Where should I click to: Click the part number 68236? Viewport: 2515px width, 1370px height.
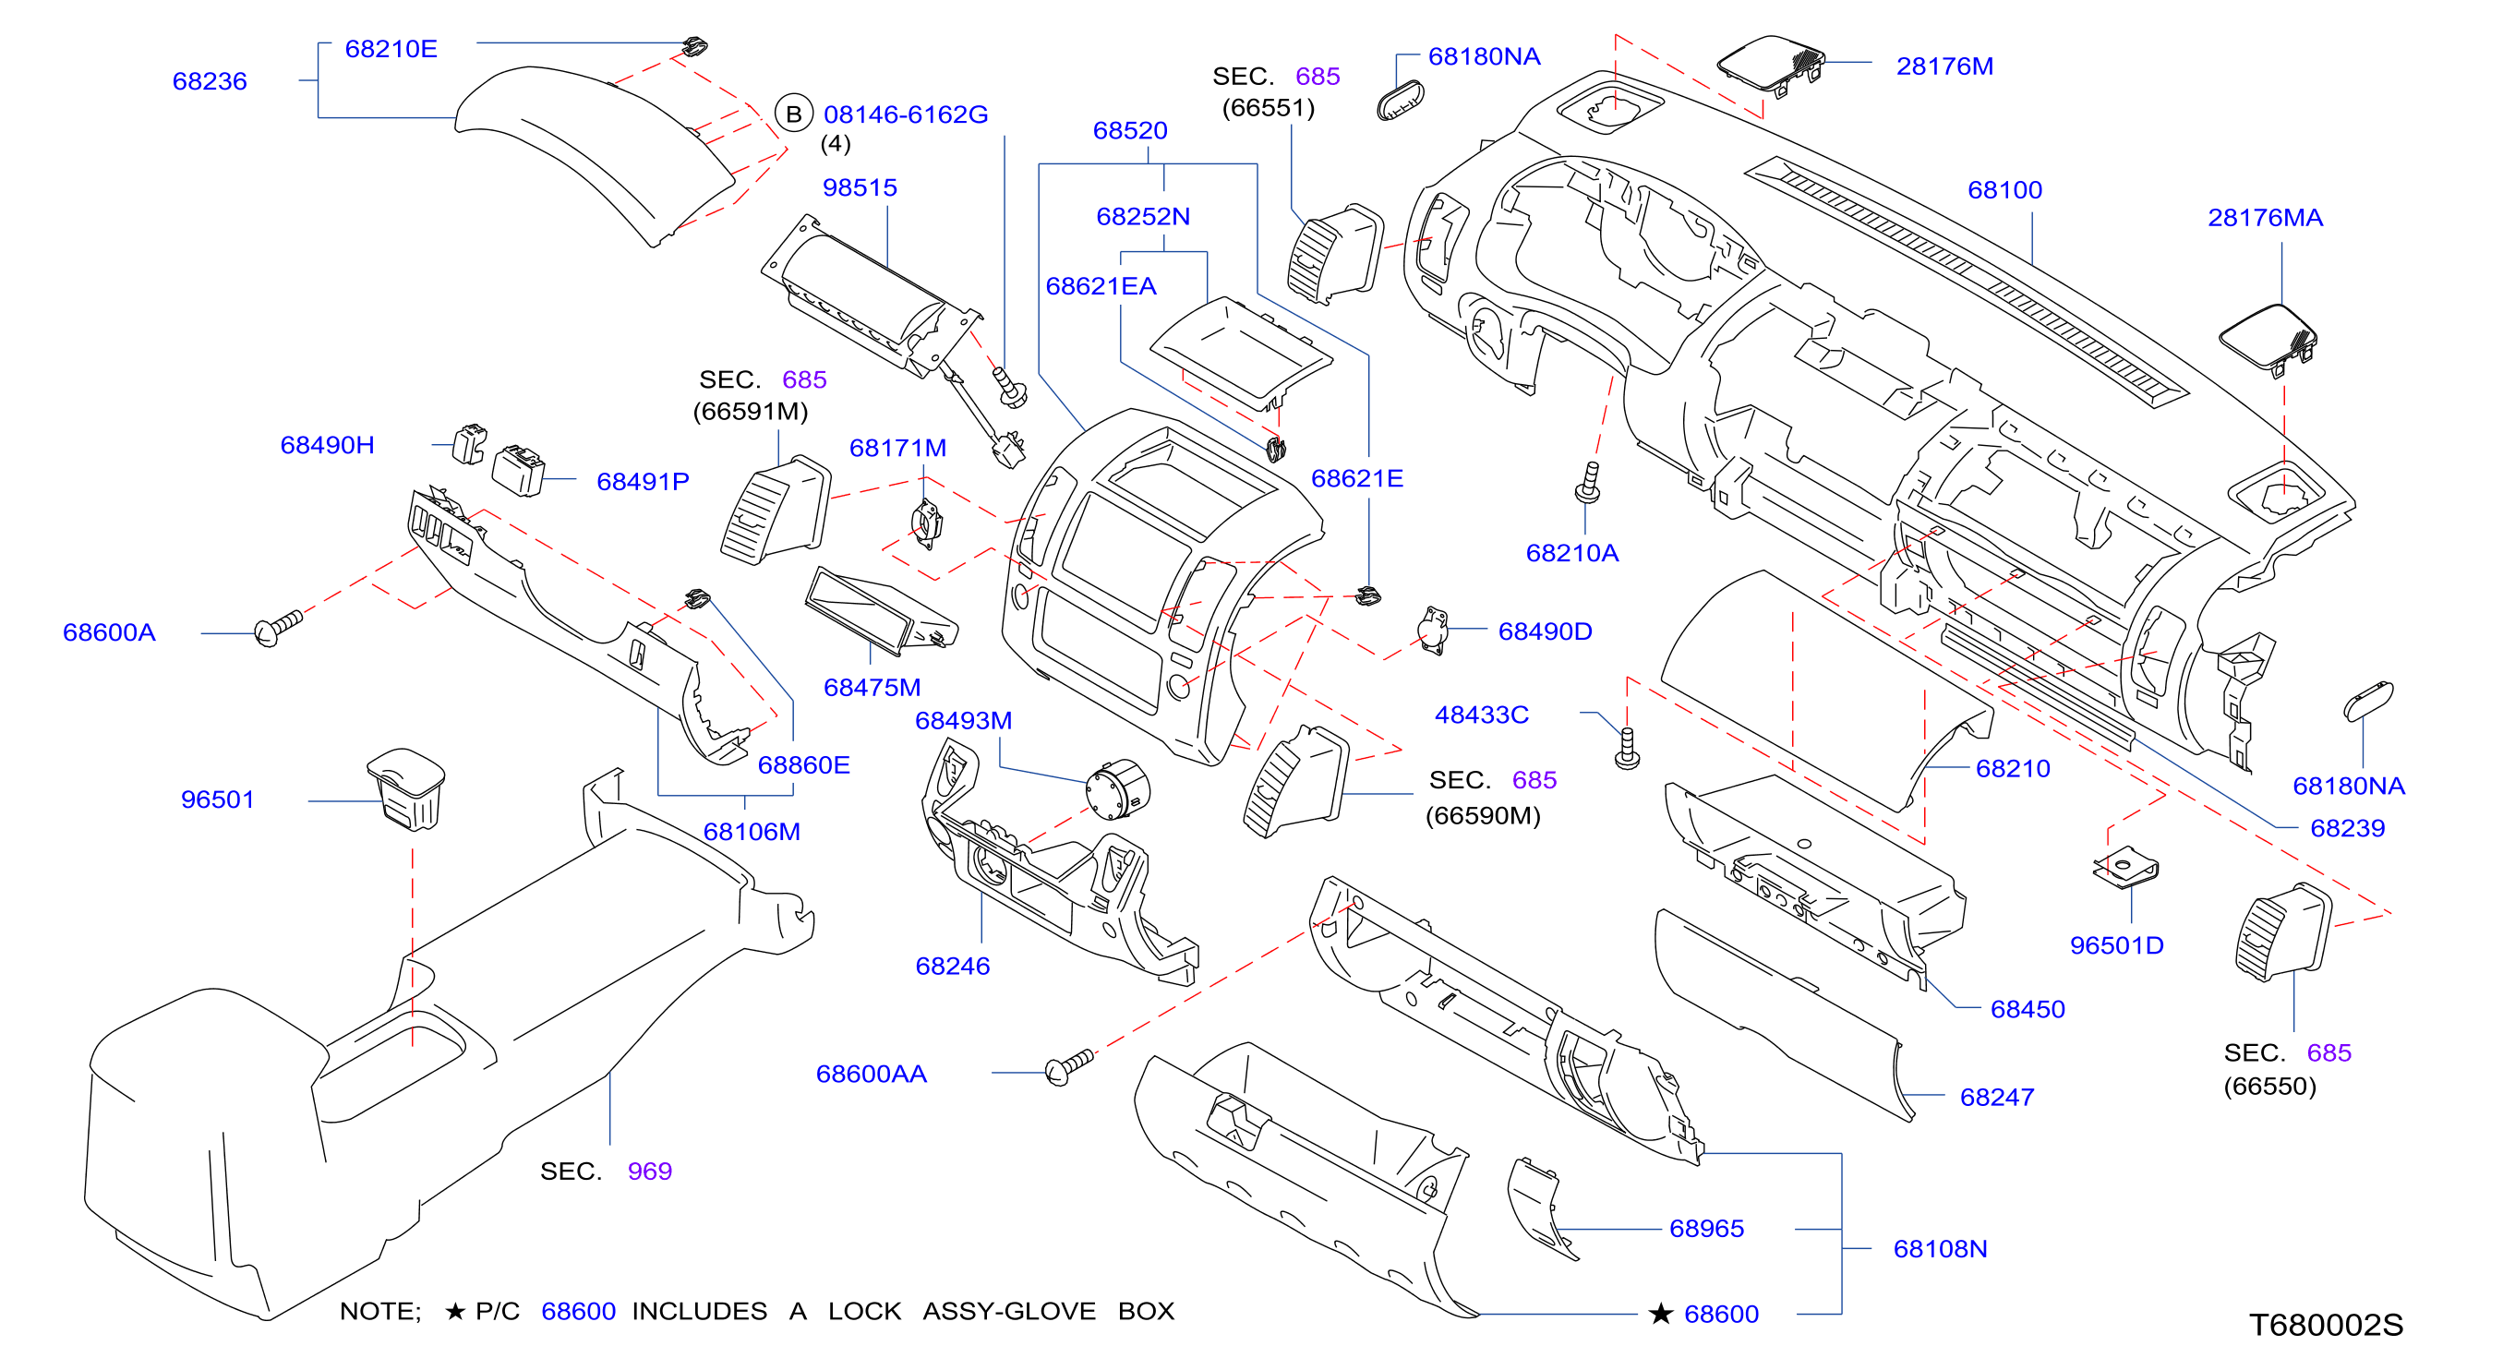coord(210,81)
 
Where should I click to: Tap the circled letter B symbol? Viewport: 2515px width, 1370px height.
coord(794,114)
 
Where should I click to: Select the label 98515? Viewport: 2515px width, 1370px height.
coord(860,187)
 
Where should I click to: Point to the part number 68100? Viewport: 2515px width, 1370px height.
coord(2004,189)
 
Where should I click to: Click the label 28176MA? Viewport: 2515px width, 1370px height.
coord(2265,218)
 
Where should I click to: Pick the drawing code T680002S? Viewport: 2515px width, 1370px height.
coord(2326,1324)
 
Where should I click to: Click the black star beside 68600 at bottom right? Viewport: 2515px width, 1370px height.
coord(1661,1314)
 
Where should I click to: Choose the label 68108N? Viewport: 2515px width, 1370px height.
coord(1940,1248)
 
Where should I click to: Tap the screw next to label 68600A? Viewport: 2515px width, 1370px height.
coord(278,628)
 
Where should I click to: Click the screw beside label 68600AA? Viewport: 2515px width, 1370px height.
coord(1069,1066)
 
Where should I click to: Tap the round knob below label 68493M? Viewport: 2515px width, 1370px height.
coord(1118,789)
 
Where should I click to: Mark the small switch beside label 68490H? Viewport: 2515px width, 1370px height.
coord(470,443)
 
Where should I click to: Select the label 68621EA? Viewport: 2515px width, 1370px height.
coord(1101,286)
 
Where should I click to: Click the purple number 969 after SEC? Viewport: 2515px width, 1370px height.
coord(649,1171)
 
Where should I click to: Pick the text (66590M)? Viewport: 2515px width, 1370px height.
coord(1483,815)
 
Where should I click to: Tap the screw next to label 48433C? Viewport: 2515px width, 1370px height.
coord(1628,748)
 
